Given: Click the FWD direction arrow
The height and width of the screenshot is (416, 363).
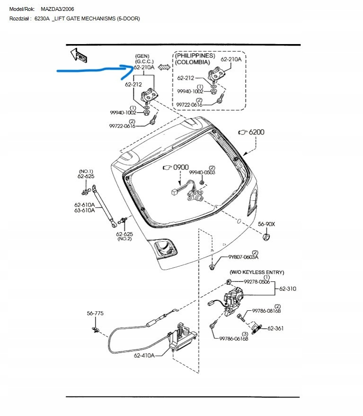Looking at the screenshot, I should coord(78,55).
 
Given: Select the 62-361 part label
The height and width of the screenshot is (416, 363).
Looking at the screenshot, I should coord(275,328).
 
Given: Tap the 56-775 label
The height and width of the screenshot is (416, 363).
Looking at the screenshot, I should coord(95,313).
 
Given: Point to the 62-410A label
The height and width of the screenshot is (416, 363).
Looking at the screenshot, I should coord(144,355).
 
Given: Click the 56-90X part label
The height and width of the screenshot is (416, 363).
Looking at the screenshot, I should coord(266,224).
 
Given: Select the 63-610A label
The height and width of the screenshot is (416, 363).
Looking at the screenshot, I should coord(84,210).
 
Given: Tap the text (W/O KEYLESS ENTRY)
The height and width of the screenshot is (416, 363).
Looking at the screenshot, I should coord(257,272).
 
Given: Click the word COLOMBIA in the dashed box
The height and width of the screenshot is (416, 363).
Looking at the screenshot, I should coord(193,62).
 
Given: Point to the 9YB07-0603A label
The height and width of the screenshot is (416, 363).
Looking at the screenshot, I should coord(243,257).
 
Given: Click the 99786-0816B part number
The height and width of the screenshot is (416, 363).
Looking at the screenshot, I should coord(266,311).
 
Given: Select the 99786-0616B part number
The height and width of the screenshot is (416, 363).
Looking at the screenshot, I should coord(234,339).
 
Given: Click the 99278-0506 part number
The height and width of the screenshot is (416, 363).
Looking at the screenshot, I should coord(257,281).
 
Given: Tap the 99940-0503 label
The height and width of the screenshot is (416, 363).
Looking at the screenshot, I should coord(203,172).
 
